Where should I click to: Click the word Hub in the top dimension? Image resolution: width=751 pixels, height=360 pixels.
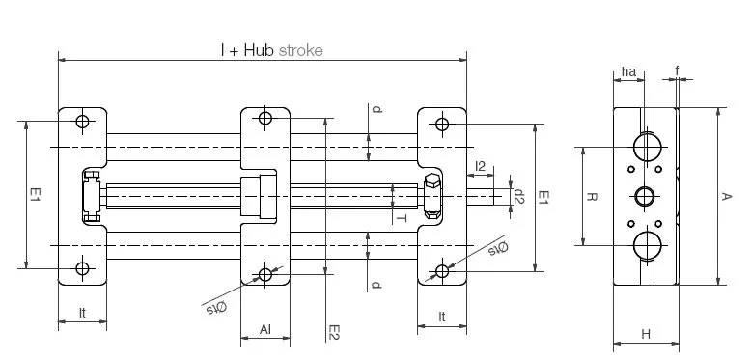[x=259, y=50]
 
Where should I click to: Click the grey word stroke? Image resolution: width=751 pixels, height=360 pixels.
[x=301, y=50]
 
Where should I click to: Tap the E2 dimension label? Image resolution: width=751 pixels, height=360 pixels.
[x=334, y=332]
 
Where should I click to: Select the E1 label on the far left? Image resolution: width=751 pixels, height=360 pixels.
[x=35, y=194]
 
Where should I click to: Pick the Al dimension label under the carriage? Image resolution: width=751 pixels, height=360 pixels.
[x=265, y=329]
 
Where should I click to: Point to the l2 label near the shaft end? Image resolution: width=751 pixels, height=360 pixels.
[x=480, y=166]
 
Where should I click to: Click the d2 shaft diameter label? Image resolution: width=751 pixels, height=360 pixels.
[x=518, y=196]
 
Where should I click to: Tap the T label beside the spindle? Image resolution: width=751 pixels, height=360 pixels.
[x=402, y=218]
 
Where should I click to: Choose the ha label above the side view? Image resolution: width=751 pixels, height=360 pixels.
[x=628, y=71]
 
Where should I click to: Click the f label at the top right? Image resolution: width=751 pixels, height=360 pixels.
[x=678, y=70]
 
